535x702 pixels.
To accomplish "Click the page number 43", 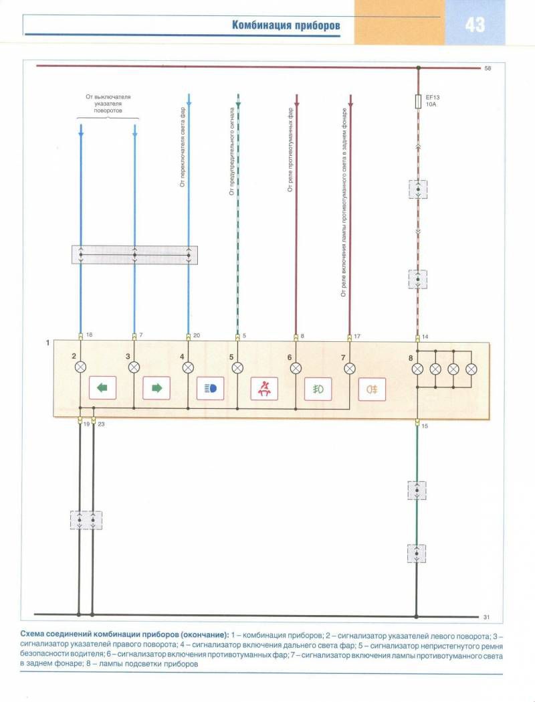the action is pos(475,24).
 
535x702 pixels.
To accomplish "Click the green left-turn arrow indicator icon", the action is pos(102,387).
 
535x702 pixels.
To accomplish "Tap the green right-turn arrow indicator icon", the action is pos(156,387).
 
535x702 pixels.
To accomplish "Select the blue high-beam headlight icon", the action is pos(210,388).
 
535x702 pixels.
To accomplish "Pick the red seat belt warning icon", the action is pos(264,388).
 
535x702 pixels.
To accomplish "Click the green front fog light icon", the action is pos(318,389).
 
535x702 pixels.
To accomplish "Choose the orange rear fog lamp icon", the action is pos(372,389).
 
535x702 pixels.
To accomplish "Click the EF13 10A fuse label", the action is pos(433,100).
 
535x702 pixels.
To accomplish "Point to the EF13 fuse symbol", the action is pos(418,101).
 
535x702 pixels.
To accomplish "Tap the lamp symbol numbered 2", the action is pos(80,367).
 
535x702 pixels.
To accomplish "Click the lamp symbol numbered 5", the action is pos(237,368).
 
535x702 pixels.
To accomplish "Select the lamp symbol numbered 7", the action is pos(350,369).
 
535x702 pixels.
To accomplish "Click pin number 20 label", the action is pos(197,335).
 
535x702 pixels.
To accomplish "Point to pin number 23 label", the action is pos(101,424).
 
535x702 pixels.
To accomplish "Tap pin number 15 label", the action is pos(425,426).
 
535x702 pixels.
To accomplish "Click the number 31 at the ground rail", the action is pos(486,617).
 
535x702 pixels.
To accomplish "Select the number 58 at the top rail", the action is pos(488,68).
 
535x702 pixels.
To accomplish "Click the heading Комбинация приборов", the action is pos(286,25).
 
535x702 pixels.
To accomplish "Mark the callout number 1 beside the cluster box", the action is pos(48,343).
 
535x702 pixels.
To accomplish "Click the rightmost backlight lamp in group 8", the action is pos(471,369).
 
